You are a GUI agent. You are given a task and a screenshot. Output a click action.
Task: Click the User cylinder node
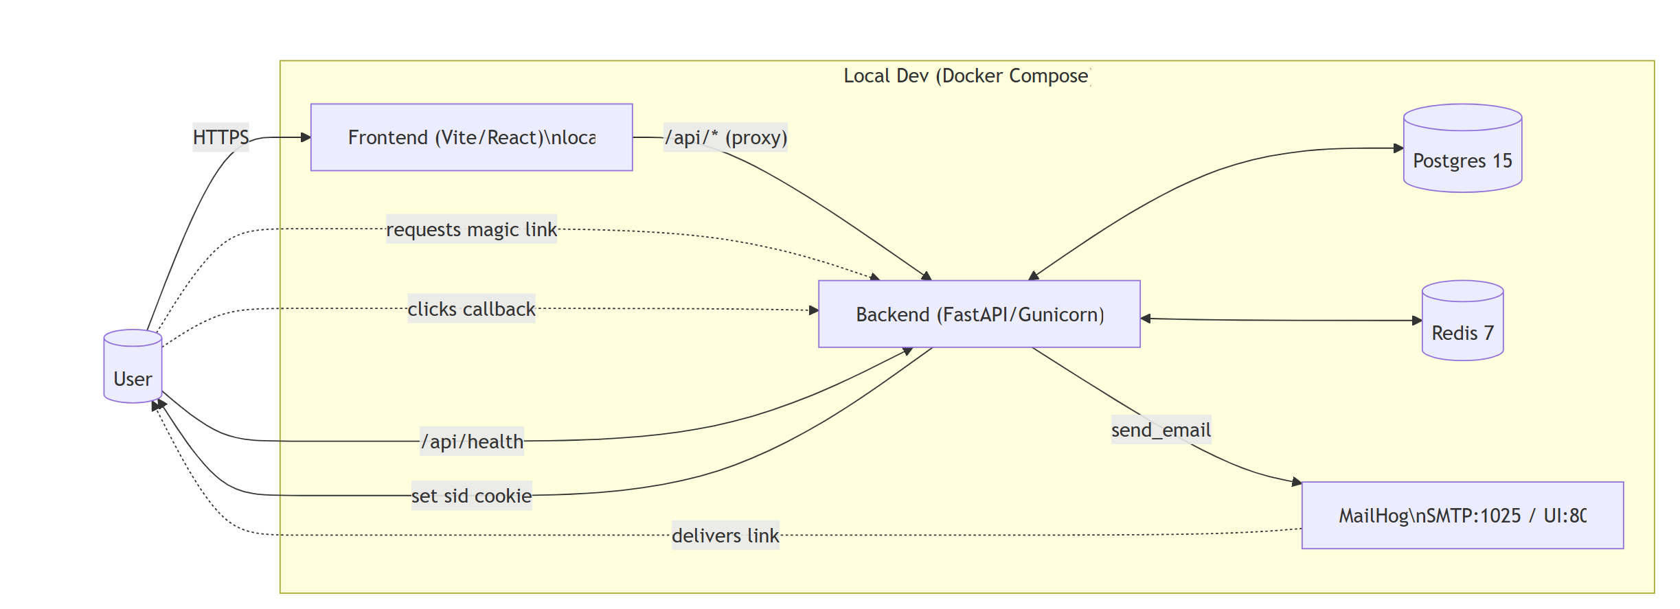[x=133, y=367]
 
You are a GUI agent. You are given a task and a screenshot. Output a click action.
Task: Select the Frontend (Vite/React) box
[x=471, y=137]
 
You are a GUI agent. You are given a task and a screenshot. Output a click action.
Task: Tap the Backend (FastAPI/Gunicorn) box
[x=979, y=314]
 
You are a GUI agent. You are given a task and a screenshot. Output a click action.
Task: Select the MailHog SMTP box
[x=1462, y=515]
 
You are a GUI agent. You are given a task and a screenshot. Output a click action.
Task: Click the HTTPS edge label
[x=220, y=137]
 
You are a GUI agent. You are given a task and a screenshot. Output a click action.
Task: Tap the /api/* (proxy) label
[x=725, y=137]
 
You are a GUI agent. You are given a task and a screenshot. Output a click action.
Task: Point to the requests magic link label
[x=471, y=229]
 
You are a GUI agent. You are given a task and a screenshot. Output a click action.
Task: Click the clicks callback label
[x=471, y=309]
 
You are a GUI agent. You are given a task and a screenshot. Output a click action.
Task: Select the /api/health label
[x=472, y=441]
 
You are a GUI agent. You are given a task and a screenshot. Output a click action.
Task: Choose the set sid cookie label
[x=471, y=496]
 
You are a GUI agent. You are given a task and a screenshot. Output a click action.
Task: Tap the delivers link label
[x=725, y=536]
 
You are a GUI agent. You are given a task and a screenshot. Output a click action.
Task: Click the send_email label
[x=1161, y=430]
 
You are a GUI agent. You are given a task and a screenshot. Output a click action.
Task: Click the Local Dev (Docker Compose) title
[x=966, y=76]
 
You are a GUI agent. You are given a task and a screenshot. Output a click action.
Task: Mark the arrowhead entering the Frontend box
[x=306, y=137]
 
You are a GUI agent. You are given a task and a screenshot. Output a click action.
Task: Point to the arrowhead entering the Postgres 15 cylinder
[x=1398, y=148]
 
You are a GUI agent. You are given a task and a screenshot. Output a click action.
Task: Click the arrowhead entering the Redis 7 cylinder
[x=1417, y=321]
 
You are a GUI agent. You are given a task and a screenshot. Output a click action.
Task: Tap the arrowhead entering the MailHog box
[x=1297, y=482]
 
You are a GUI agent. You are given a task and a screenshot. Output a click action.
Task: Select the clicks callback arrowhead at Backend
[x=814, y=310]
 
